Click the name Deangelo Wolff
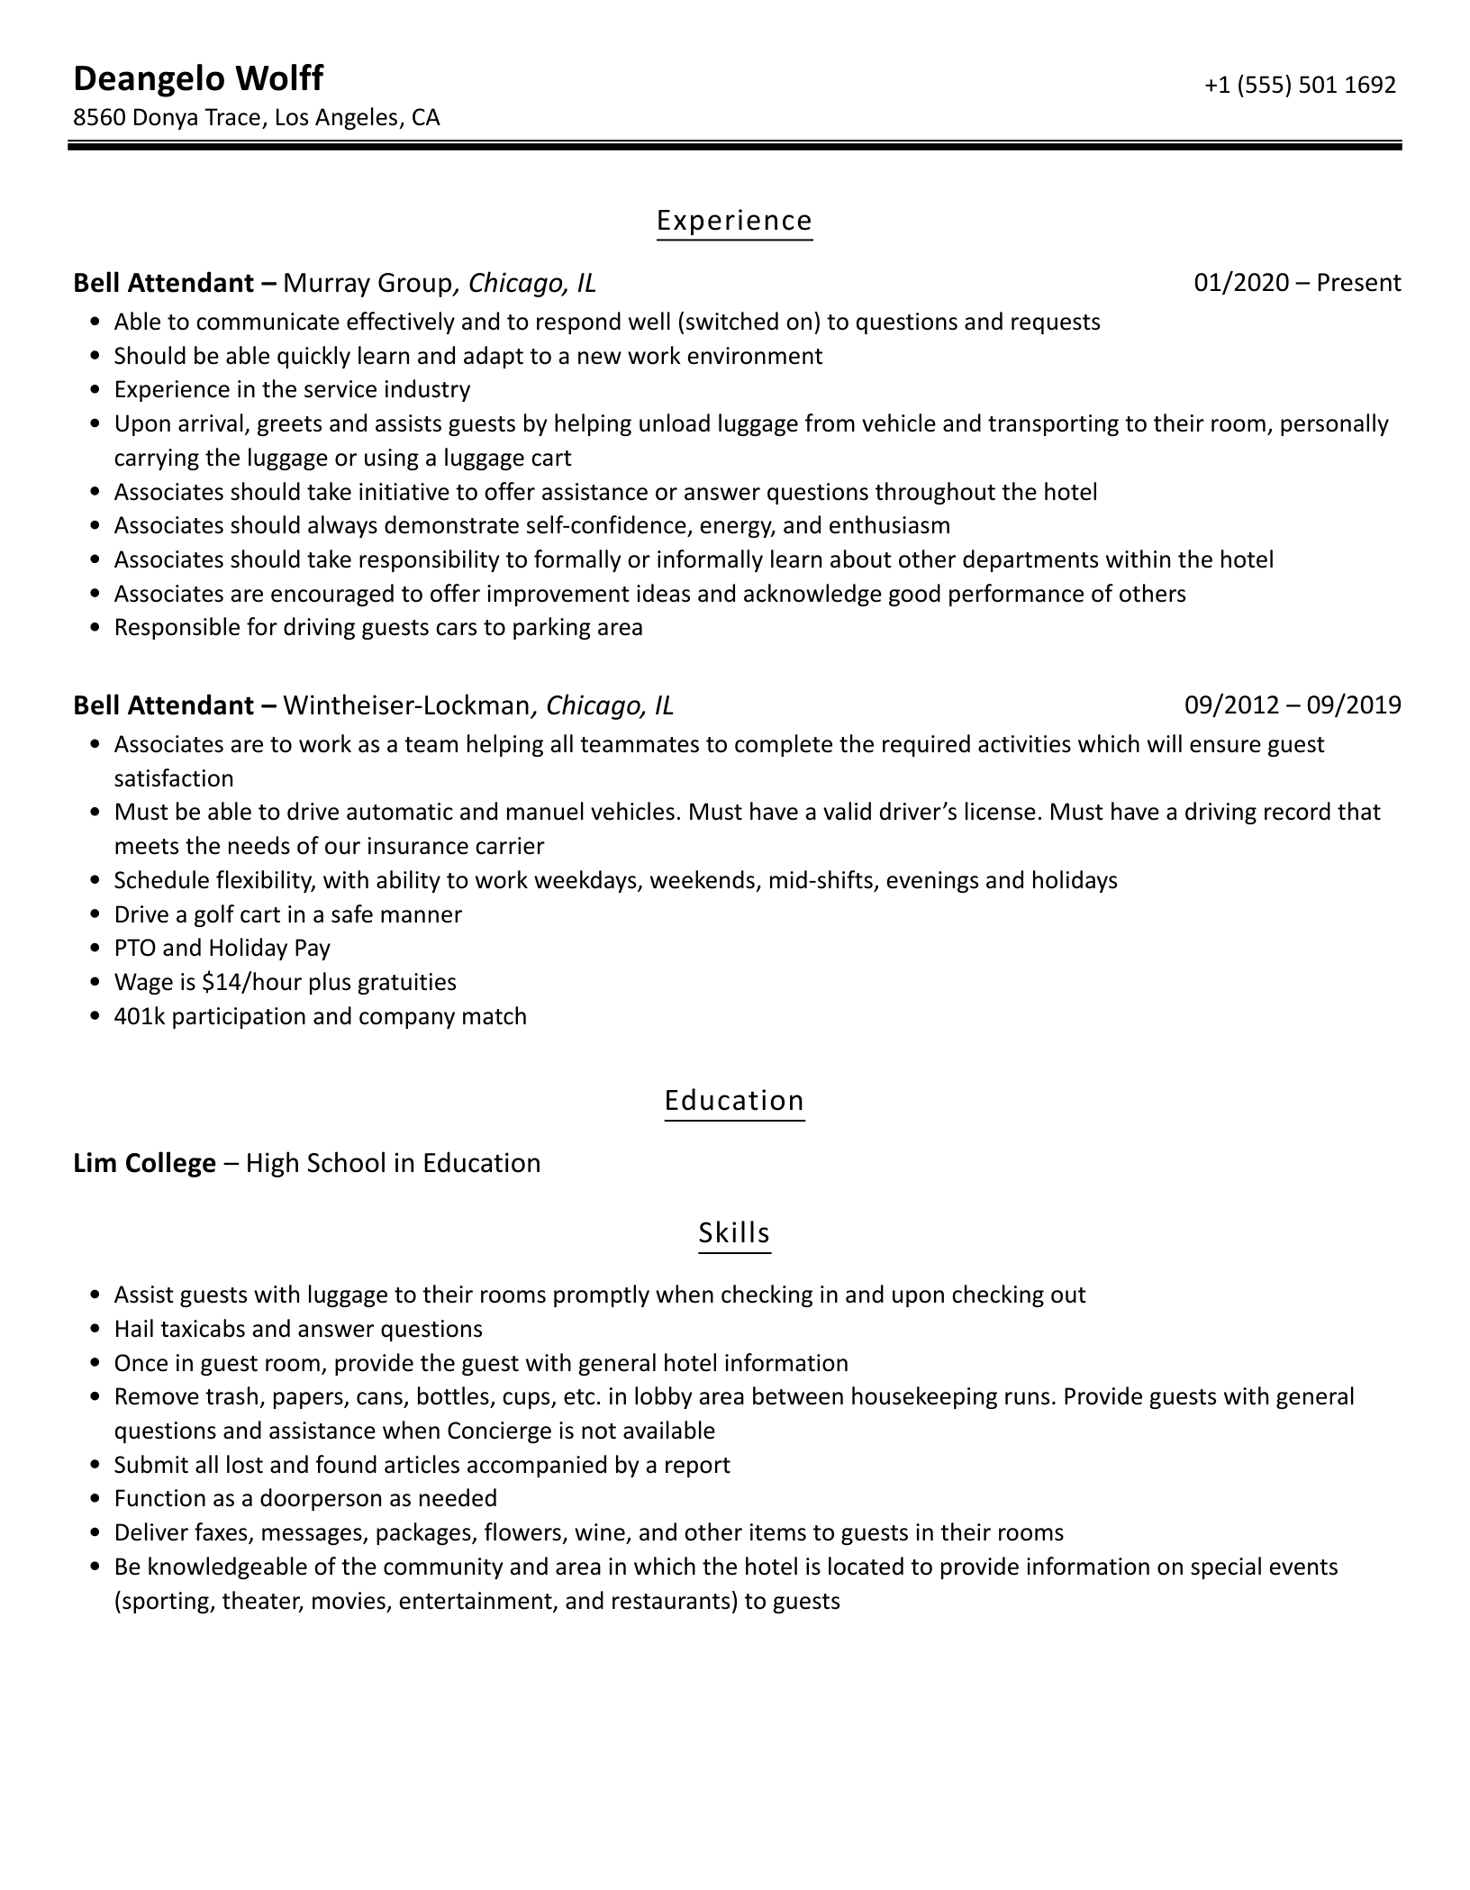click(197, 79)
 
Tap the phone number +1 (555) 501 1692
click(1300, 85)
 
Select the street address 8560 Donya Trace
click(168, 118)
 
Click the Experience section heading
click(734, 221)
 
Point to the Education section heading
click(734, 1101)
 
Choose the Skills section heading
click(734, 1232)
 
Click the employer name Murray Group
click(367, 284)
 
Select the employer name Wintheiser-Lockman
click(406, 705)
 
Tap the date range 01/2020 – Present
click(1297, 283)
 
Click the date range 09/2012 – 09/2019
click(1293, 704)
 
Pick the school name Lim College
click(144, 1163)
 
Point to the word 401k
click(140, 1016)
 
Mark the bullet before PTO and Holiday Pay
click(96, 949)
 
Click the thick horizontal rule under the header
click(734, 145)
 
